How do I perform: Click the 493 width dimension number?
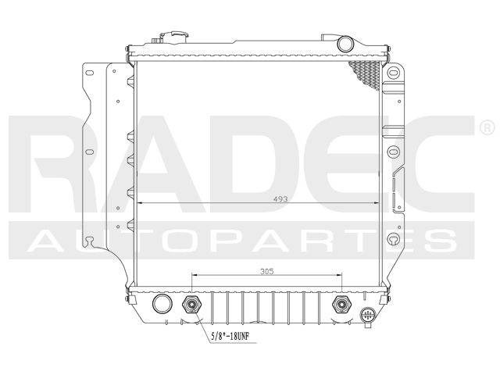(259, 198)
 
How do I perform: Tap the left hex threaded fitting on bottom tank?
(191, 305)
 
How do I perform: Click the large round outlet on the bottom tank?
(162, 304)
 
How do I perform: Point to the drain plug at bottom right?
(369, 316)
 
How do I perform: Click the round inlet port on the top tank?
(345, 43)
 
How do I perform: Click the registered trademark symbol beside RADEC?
(484, 126)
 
